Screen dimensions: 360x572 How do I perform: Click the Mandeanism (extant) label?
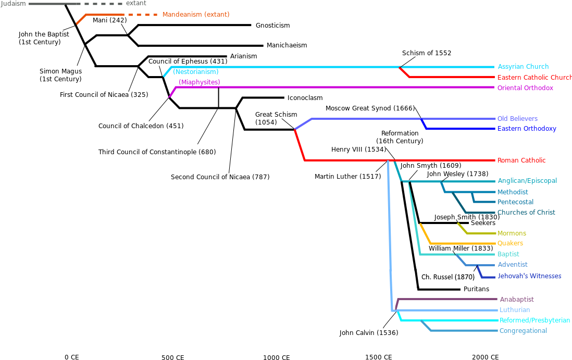(x=196, y=15)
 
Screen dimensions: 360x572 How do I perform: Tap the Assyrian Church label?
(x=523, y=67)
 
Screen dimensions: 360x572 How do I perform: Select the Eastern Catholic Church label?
(x=534, y=78)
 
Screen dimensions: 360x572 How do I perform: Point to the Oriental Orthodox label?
(x=525, y=88)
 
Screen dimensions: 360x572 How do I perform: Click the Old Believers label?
(x=517, y=119)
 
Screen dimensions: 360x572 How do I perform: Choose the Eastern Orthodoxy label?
(x=527, y=129)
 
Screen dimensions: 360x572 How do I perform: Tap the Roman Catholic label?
(x=521, y=160)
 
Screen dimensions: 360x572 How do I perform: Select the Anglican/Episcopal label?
(x=527, y=181)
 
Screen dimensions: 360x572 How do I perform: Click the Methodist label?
(x=513, y=192)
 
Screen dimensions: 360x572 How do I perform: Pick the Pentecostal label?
(x=515, y=202)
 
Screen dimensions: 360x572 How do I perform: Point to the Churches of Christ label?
(x=526, y=213)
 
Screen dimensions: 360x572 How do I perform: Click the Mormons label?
(x=512, y=233)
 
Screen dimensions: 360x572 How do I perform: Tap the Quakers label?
(x=510, y=243)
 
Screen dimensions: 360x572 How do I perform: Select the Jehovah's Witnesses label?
(x=529, y=276)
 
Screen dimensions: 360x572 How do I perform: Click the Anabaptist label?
(x=517, y=300)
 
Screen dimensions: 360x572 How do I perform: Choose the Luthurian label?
(x=515, y=310)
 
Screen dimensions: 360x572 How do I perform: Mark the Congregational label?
(x=523, y=331)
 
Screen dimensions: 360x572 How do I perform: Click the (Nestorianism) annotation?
(x=196, y=72)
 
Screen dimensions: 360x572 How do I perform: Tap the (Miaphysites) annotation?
(x=200, y=82)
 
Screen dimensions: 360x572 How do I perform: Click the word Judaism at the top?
(x=14, y=4)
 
